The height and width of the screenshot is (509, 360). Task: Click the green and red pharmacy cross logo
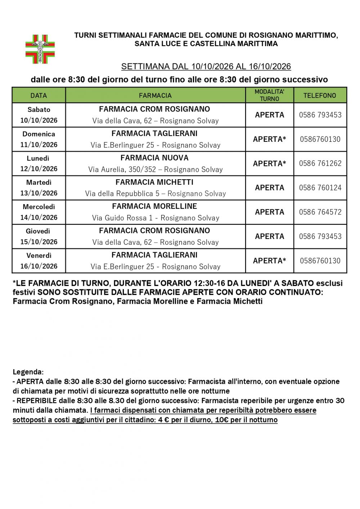(x=40, y=49)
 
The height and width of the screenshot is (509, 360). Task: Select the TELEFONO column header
(x=320, y=95)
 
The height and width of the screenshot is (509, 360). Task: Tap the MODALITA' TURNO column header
(x=269, y=95)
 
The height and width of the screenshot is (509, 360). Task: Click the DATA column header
(x=39, y=95)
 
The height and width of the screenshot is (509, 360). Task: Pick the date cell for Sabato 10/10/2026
(x=39, y=115)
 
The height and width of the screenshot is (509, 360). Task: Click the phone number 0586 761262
(x=320, y=163)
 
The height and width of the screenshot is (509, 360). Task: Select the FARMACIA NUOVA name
(x=154, y=158)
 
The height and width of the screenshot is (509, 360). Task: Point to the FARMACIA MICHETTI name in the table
(x=154, y=182)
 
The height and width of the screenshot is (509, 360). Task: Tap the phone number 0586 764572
(x=320, y=212)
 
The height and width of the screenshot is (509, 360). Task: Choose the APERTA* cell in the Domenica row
(x=269, y=139)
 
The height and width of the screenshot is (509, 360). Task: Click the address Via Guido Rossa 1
(x=156, y=218)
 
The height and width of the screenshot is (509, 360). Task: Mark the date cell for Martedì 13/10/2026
(x=39, y=188)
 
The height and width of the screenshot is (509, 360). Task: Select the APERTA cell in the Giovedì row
(x=269, y=236)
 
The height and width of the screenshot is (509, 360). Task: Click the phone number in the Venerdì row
(x=320, y=261)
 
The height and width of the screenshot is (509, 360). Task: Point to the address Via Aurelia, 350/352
(x=156, y=170)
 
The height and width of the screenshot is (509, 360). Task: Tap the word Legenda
(x=28, y=372)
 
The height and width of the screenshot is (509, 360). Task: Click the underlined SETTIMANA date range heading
(x=206, y=67)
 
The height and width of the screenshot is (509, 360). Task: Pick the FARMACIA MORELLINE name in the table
(x=154, y=206)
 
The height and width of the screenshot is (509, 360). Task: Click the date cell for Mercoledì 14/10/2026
(x=39, y=212)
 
